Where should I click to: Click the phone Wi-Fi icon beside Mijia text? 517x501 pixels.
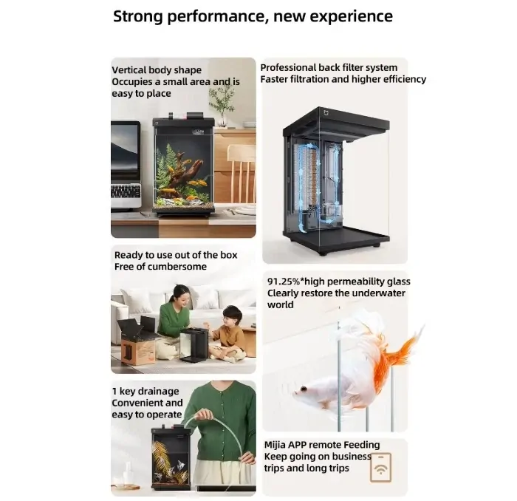tap(381, 467)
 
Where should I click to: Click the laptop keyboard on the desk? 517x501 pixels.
tap(126, 191)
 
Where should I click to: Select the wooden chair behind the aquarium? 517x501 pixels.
tap(242, 173)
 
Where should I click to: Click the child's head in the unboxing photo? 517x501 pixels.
tap(232, 316)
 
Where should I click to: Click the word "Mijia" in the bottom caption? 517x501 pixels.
tap(275, 446)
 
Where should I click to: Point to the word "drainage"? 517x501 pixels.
tap(158, 392)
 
